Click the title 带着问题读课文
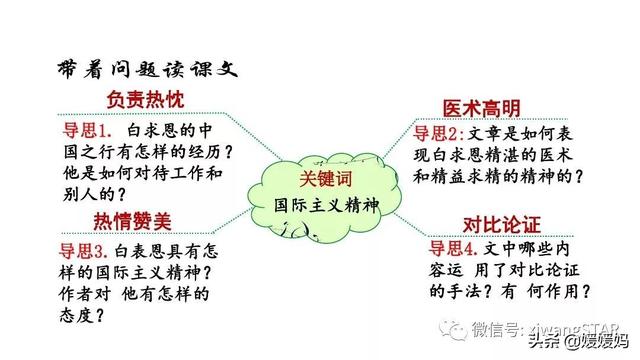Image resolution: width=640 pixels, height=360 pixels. pos(146,69)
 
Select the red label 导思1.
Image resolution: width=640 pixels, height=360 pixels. pos(85,130)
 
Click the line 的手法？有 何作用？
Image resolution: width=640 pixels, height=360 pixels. pos(508,291)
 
